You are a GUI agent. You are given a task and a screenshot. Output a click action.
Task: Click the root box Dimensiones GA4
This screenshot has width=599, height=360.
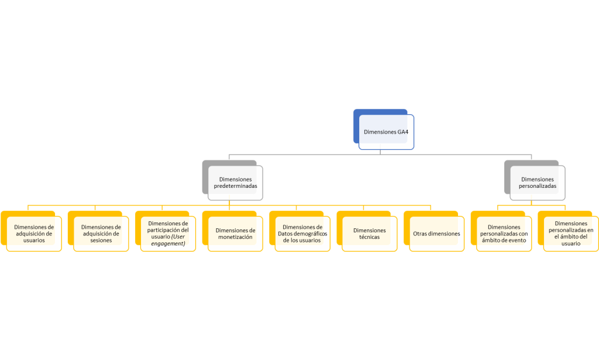tap(386, 132)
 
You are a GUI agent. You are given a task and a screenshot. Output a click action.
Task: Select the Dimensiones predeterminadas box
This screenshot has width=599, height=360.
tap(235, 183)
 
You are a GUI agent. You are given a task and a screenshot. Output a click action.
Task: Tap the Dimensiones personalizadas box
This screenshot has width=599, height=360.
tap(538, 183)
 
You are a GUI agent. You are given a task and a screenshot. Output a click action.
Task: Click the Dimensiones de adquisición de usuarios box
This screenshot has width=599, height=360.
tap(34, 234)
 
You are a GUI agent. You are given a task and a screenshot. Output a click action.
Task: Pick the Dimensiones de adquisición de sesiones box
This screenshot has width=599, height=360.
tap(101, 234)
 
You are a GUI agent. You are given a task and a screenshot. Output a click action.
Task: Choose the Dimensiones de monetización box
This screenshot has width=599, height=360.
tap(235, 234)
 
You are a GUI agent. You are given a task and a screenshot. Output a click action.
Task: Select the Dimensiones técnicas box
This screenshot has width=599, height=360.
tap(370, 234)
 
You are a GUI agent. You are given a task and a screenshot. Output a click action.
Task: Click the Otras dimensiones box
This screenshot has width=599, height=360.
tap(436, 234)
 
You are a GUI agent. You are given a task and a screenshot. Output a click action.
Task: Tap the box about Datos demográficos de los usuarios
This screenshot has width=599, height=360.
tap(302, 234)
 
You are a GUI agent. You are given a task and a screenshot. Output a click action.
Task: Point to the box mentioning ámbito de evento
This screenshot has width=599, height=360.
tap(504, 234)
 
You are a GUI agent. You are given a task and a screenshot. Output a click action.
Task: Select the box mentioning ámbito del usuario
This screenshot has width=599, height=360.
tap(571, 234)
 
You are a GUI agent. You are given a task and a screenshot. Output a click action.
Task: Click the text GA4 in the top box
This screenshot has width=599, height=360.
tap(402, 132)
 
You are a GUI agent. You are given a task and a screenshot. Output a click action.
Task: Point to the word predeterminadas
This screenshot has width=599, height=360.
tap(235, 186)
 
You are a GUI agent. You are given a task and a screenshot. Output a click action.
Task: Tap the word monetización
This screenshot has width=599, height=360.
tap(235, 238)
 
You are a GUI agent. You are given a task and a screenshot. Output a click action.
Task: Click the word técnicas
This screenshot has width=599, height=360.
tap(370, 238)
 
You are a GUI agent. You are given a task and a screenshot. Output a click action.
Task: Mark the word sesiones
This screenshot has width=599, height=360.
tap(101, 241)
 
